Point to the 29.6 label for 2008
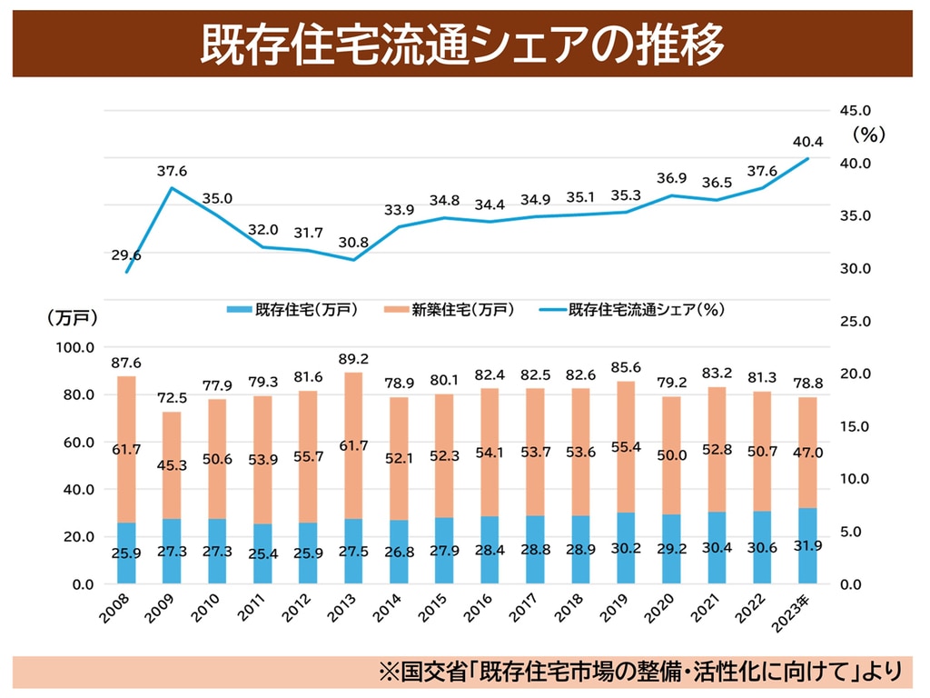point(126,255)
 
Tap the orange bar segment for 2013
point(353,445)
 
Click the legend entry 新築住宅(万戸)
point(463,310)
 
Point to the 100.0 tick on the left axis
point(75,347)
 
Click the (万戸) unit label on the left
point(73,317)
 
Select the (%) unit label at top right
point(868,135)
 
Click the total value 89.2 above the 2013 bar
point(353,359)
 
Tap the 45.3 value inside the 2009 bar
point(171,466)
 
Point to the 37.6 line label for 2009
point(172,171)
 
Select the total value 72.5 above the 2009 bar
point(171,398)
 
